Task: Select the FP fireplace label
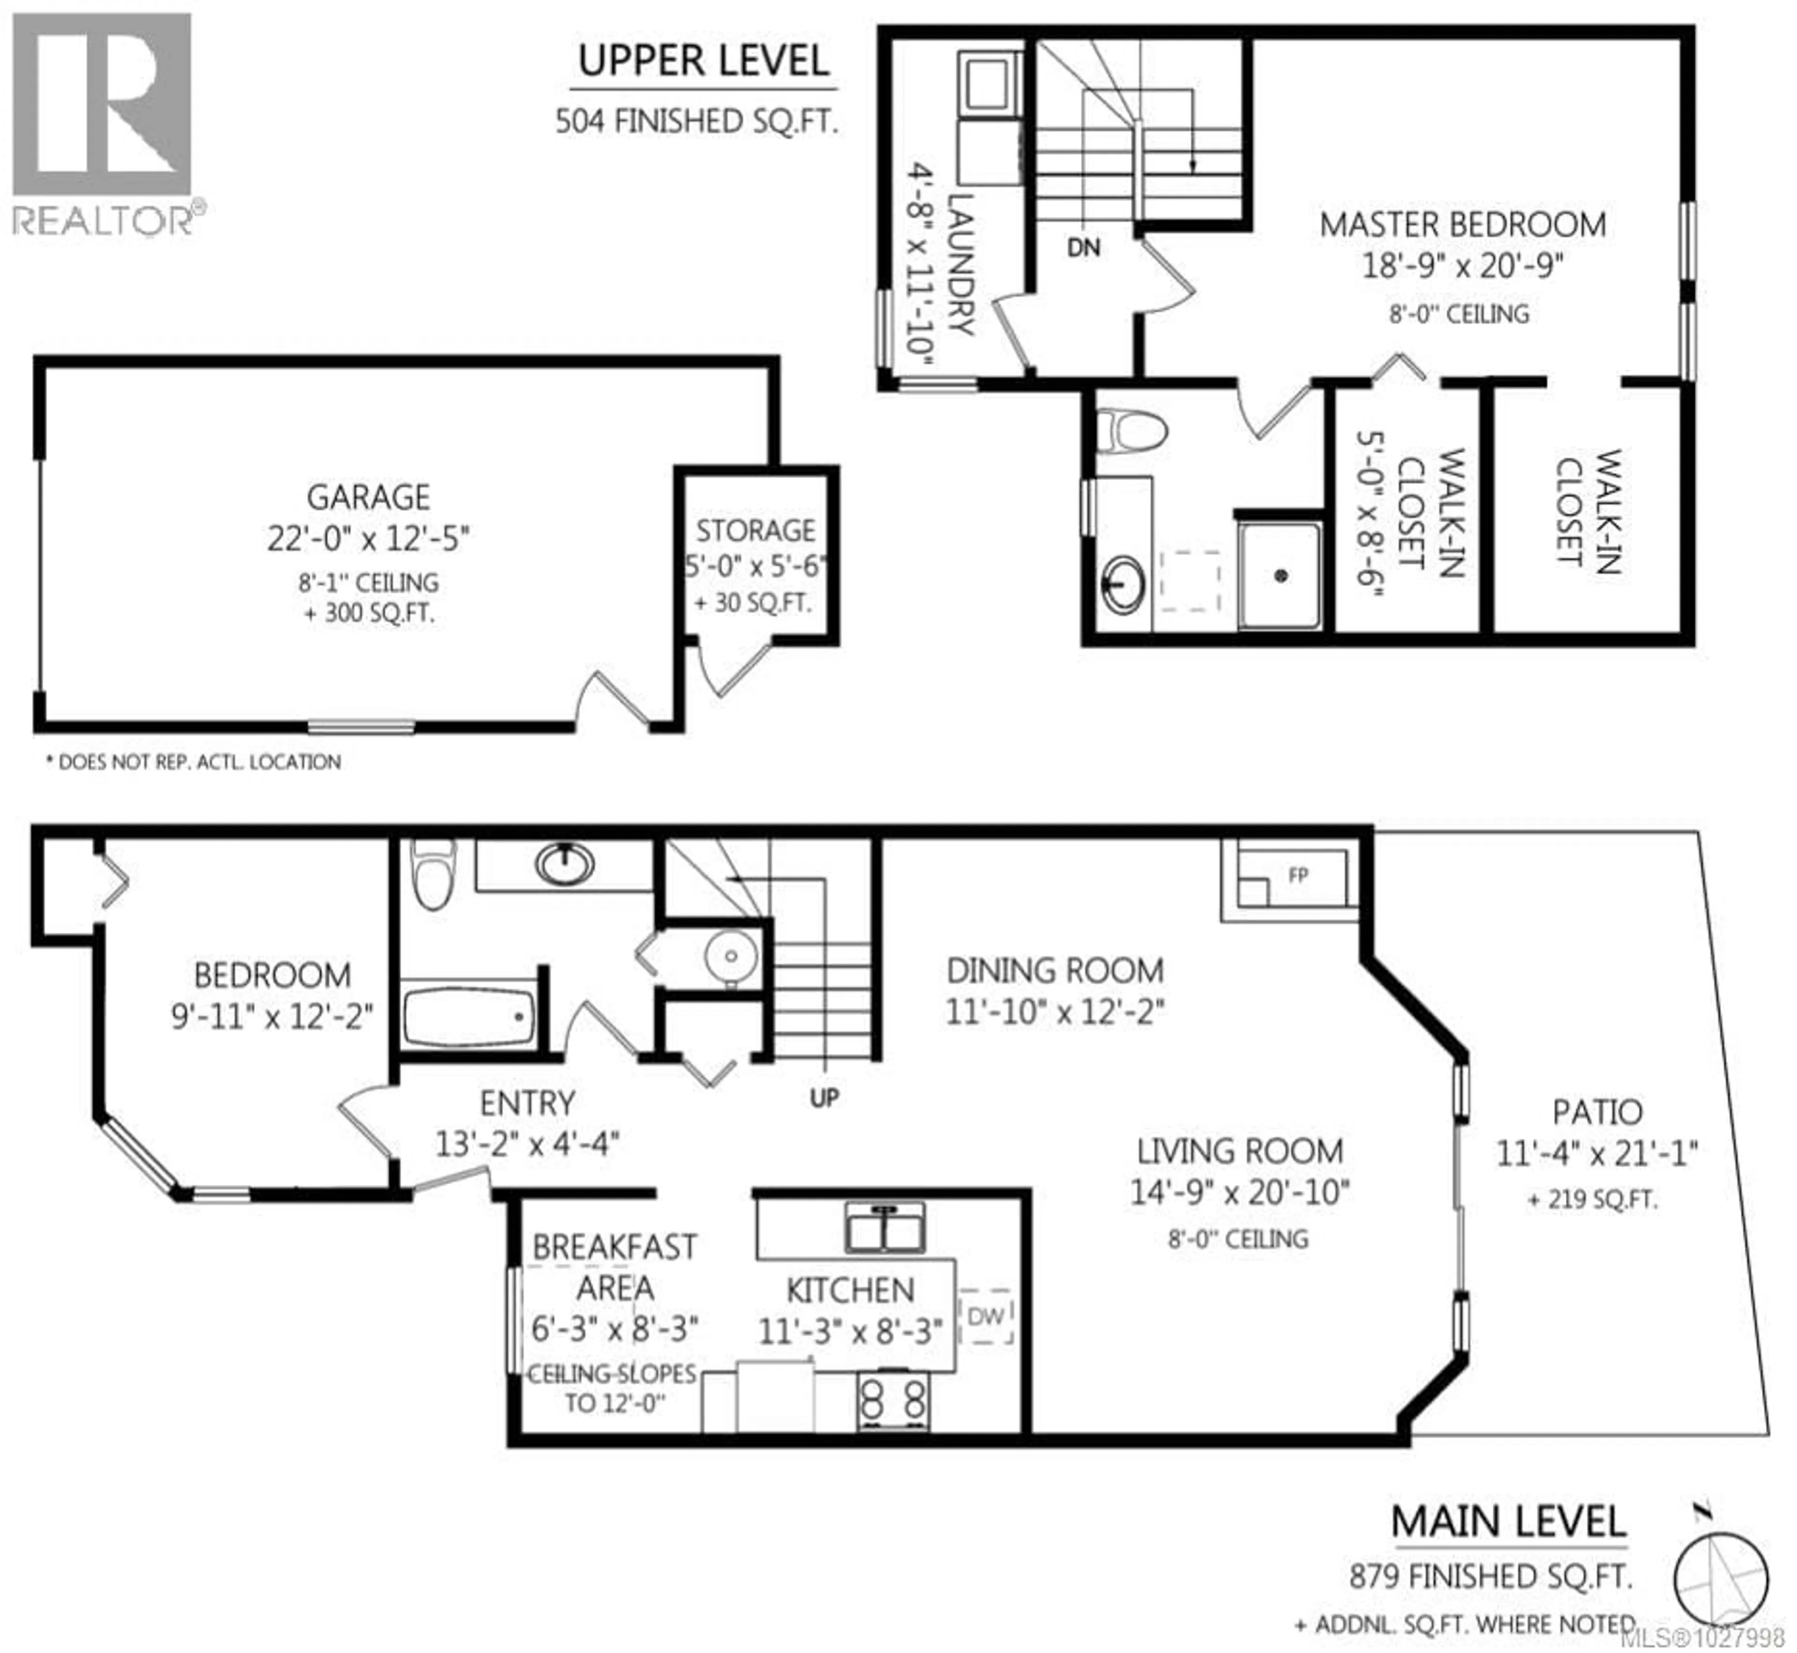click(x=1298, y=876)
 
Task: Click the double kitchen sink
click(x=884, y=1227)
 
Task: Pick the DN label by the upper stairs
click(x=1083, y=248)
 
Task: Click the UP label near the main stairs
click(x=824, y=1097)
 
